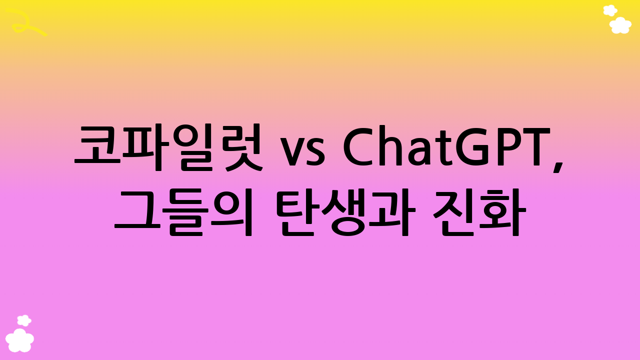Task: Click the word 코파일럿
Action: [x=168, y=147]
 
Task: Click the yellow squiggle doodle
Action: [x=27, y=22]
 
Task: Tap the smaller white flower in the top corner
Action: [x=610, y=10]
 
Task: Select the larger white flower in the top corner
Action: [x=620, y=24]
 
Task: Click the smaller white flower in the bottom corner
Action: [x=23, y=320]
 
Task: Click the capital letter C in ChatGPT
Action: [x=358, y=147]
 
